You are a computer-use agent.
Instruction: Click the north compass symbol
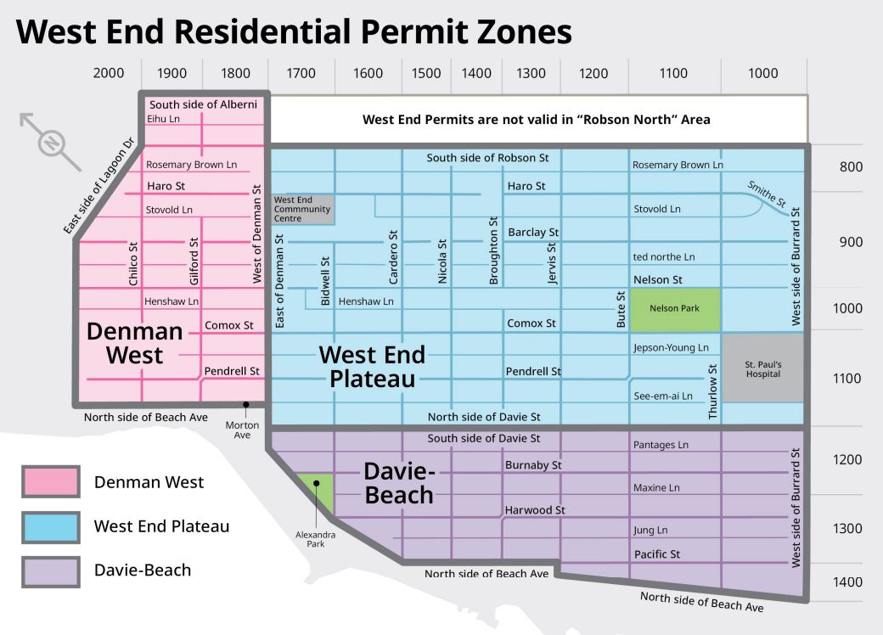(x=51, y=142)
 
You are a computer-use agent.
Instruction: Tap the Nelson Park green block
(x=674, y=308)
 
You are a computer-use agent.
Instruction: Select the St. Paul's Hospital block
(x=762, y=368)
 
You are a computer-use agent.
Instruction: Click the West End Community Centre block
(x=301, y=209)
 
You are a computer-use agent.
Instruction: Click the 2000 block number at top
(x=108, y=73)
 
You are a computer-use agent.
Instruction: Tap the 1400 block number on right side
(x=846, y=582)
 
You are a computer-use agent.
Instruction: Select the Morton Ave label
(x=242, y=430)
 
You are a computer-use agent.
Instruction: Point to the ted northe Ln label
(x=664, y=256)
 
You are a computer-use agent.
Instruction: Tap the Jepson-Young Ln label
(x=671, y=347)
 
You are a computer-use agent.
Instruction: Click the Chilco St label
(x=133, y=263)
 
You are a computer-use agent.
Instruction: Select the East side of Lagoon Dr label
(x=99, y=185)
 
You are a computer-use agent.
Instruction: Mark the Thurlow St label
(x=712, y=391)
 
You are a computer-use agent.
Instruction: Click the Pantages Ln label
(x=661, y=444)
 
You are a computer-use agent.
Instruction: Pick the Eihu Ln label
(x=163, y=119)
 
